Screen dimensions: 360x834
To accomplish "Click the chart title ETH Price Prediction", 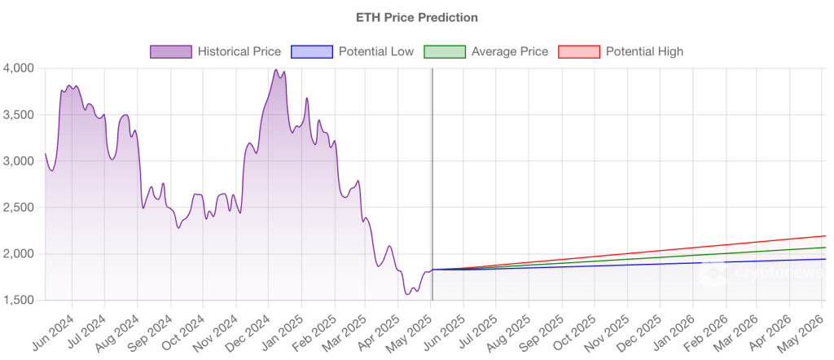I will point(416,16).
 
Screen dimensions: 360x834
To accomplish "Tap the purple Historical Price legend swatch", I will point(171,51).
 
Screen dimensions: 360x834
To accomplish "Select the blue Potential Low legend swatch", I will point(312,51).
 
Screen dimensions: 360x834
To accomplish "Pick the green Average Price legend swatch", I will point(446,51).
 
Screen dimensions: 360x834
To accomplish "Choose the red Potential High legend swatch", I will point(578,51).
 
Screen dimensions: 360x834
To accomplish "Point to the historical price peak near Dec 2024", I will point(275,70).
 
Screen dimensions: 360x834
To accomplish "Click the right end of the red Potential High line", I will point(824,236).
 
